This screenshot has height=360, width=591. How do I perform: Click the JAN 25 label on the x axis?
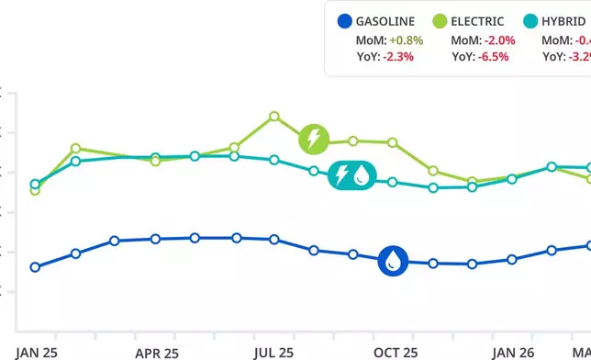(x=37, y=352)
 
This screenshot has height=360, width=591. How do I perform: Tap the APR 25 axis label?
(x=155, y=352)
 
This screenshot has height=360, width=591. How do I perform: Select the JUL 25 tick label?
(x=273, y=352)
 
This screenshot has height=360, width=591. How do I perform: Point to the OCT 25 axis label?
(x=396, y=352)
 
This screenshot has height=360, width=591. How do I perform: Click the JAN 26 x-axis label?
(x=513, y=352)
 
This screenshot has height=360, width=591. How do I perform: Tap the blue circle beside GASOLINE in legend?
(x=345, y=20)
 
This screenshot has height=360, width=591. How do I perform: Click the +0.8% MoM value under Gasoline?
(x=407, y=40)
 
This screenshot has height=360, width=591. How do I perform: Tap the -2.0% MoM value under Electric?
(x=497, y=40)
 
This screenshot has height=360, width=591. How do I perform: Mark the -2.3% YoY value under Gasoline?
(x=397, y=56)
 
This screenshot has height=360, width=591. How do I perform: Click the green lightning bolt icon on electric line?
(x=314, y=140)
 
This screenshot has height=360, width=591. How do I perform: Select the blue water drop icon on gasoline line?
(x=393, y=260)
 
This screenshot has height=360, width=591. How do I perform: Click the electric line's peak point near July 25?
(x=273, y=117)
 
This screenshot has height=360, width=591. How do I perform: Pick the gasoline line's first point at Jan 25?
(x=35, y=267)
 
